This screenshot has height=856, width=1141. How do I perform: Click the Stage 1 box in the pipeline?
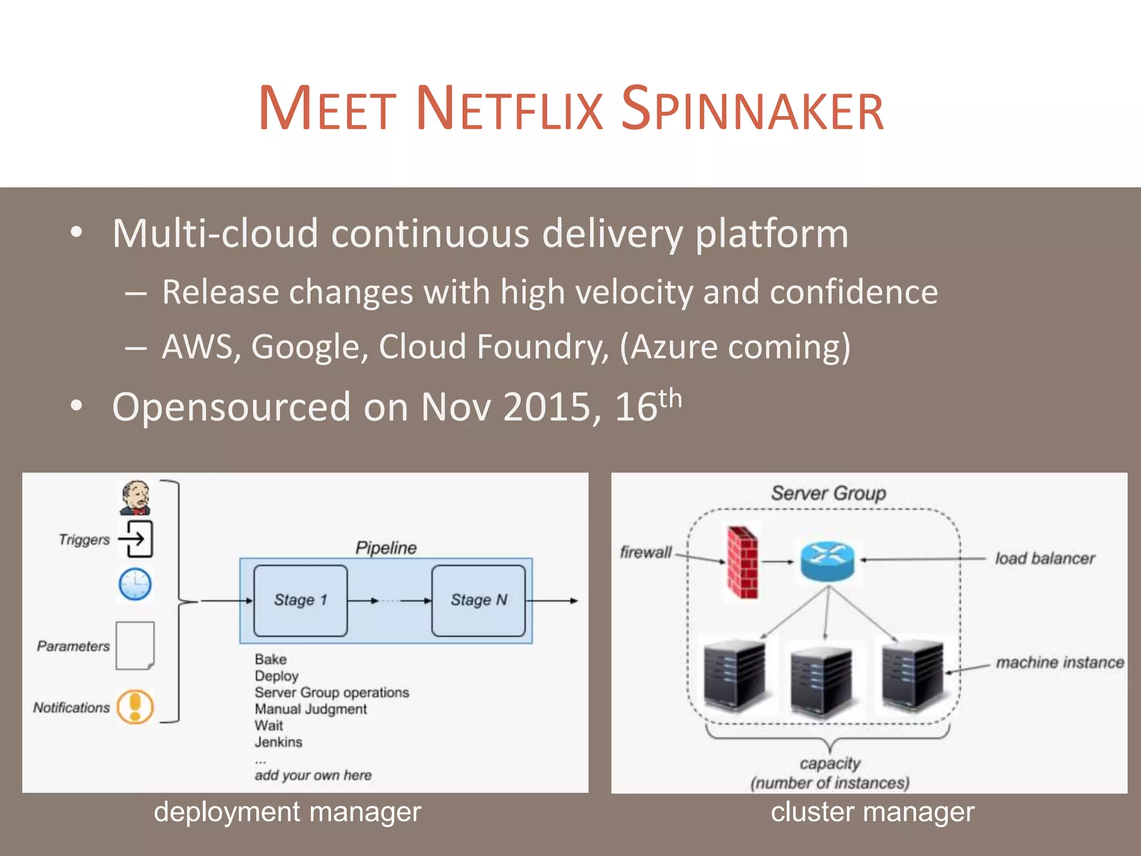[x=300, y=600]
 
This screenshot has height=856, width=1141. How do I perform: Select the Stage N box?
[x=479, y=600]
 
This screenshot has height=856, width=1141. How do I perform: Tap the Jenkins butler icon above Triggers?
[x=135, y=498]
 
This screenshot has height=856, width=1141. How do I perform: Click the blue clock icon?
[x=135, y=584]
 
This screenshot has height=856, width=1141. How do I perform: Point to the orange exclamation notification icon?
[x=135, y=707]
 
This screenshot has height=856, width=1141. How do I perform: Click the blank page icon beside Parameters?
[x=135, y=645]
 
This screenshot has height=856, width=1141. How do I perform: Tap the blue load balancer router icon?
[x=827, y=561]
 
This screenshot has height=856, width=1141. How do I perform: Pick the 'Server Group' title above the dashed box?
[x=828, y=493]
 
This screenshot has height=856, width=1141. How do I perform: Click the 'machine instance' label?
[x=1060, y=662]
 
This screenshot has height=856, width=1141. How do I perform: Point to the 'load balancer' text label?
[x=1045, y=558]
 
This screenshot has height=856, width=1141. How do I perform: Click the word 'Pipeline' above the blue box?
[x=386, y=548]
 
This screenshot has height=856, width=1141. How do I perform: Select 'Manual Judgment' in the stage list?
[x=311, y=709]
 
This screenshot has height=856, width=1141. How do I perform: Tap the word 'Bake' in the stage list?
[x=271, y=659]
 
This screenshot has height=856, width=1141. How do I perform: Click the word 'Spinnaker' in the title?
[x=752, y=109]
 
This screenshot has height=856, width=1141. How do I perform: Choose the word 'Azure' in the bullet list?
[x=674, y=347]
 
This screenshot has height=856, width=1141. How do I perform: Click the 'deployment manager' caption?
[x=287, y=812]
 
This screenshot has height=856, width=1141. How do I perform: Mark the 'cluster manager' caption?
[x=872, y=812]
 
